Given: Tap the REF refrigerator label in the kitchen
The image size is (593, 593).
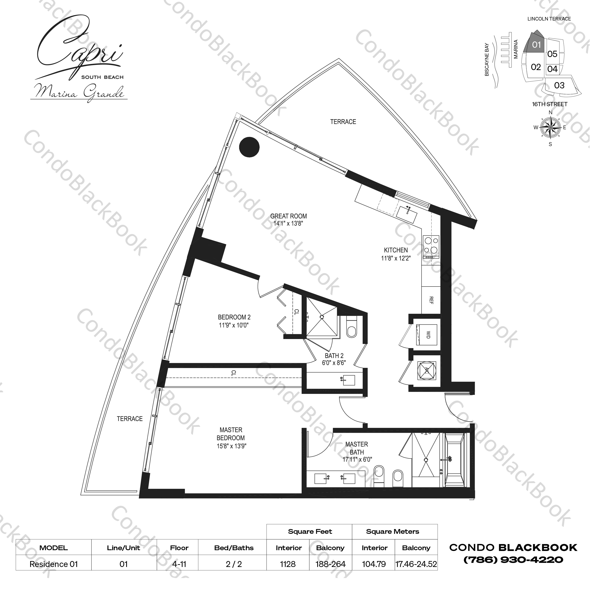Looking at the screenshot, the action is [x=431, y=300].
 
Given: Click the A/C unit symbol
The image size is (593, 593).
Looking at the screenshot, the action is [x=427, y=371].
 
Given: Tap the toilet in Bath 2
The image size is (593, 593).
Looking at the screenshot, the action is [x=352, y=328].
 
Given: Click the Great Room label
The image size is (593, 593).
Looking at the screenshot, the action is [x=289, y=216].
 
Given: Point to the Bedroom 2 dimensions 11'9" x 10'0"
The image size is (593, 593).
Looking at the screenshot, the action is [x=234, y=325].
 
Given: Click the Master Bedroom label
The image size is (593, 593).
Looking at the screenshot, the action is [x=231, y=434].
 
